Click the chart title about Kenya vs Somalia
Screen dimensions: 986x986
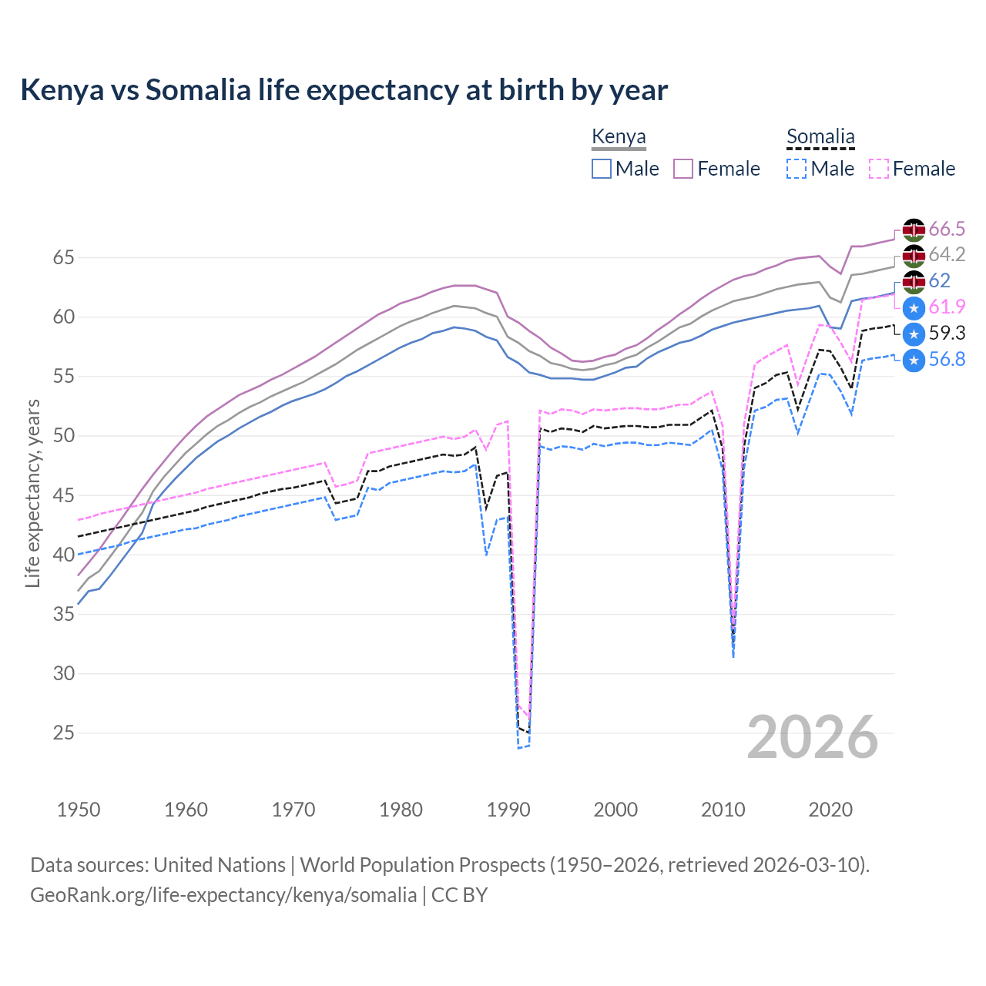(344, 90)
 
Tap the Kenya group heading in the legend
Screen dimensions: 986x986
(619, 137)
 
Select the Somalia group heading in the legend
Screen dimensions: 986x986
(820, 137)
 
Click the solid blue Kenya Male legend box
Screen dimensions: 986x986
(602, 169)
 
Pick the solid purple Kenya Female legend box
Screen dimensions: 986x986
(683, 169)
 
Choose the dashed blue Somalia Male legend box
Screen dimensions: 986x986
(797, 169)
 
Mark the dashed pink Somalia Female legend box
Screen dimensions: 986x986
(879, 169)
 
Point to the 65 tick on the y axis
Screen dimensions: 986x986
(63, 257)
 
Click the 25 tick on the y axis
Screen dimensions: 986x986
(63, 733)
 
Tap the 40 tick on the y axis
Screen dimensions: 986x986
(63, 555)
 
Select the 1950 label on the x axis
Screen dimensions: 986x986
(79, 810)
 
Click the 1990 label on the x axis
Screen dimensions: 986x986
(508, 810)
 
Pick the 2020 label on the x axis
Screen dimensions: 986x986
(830, 810)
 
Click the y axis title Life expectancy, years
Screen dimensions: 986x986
(32, 493)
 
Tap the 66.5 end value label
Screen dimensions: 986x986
(947, 229)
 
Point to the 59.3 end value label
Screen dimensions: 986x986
(947, 333)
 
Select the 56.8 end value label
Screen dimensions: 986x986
(947, 359)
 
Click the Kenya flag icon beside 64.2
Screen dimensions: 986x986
(914, 256)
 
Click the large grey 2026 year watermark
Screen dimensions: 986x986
(812, 737)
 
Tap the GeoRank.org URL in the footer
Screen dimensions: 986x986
(223, 895)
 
